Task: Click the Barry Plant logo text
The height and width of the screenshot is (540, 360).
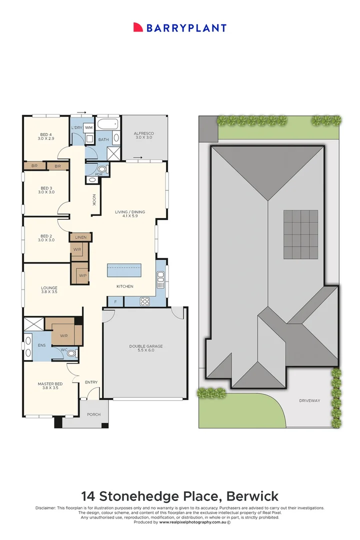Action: click(186, 28)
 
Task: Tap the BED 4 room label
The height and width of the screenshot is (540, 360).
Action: click(46, 134)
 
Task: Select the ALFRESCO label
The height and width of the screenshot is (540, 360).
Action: click(144, 133)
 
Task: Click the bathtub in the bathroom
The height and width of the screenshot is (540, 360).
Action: click(108, 124)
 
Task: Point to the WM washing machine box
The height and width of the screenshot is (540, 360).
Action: click(89, 127)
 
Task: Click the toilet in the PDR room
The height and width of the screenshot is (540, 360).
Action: click(101, 169)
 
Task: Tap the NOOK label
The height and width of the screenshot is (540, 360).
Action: click(93, 199)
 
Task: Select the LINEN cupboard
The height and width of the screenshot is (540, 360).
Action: click(80, 237)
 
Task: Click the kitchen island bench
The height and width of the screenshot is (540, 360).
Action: click(124, 270)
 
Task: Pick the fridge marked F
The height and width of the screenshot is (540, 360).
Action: click(115, 301)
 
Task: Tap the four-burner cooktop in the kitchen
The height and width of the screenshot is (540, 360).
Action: click(144, 301)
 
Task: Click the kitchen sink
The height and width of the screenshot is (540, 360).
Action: click(160, 279)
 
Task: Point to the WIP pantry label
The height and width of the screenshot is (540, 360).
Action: click(82, 275)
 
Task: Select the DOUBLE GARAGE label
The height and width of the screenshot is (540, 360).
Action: click(145, 346)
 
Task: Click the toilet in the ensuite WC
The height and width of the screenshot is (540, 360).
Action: click(71, 353)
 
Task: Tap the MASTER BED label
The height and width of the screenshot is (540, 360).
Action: click(50, 383)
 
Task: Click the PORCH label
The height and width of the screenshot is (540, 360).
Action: click(93, 414)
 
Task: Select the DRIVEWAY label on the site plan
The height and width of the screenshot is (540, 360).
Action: click(309, 400)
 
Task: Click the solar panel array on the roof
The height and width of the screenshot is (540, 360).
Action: click(300, 234)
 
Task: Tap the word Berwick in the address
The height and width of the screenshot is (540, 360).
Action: click(252, 496)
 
